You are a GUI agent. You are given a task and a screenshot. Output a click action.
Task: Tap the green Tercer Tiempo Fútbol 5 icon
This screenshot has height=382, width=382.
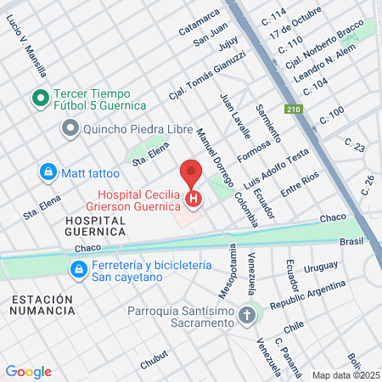click(x=39, y=98)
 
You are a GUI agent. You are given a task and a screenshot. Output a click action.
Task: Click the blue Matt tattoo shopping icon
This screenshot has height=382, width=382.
click(x=48, y=172)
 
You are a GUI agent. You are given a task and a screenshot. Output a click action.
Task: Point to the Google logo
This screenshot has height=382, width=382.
click(x=28, y=372)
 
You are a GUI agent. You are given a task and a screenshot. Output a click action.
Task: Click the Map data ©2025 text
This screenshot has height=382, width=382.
click(x=345, y=375)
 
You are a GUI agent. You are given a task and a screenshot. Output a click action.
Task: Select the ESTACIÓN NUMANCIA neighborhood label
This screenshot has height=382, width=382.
click(x=42, y=306)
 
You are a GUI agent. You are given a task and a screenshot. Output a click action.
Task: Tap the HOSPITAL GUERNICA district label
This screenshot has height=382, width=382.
click(x=95, y=227)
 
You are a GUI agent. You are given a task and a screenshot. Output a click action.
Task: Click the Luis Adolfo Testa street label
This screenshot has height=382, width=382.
click(x=287, y=169)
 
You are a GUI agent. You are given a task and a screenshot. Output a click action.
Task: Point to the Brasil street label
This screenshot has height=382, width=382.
click(x=351, y=241)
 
